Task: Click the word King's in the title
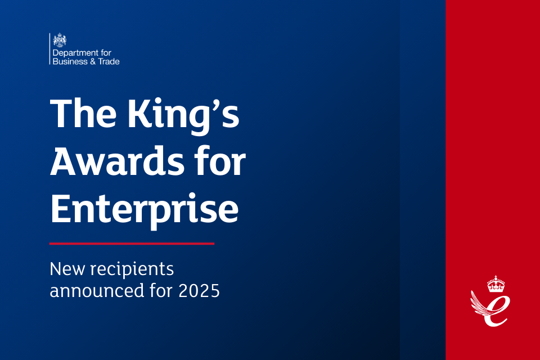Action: (183, 115)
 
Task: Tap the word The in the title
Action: (83, 113)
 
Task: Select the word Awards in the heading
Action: (117, 161)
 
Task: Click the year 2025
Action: (199, 291)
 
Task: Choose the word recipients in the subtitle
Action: (132, 269)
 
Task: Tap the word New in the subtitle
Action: (67, 269)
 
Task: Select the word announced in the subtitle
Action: (97, 290)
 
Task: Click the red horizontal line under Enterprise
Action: (132, 244)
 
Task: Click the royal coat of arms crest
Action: (60, 40)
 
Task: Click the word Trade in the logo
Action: (109, 62)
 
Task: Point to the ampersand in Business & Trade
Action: (93, 62)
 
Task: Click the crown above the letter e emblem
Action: (496, 284)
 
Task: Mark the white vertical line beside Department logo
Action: (49, 48)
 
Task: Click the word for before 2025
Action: (161, 290)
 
